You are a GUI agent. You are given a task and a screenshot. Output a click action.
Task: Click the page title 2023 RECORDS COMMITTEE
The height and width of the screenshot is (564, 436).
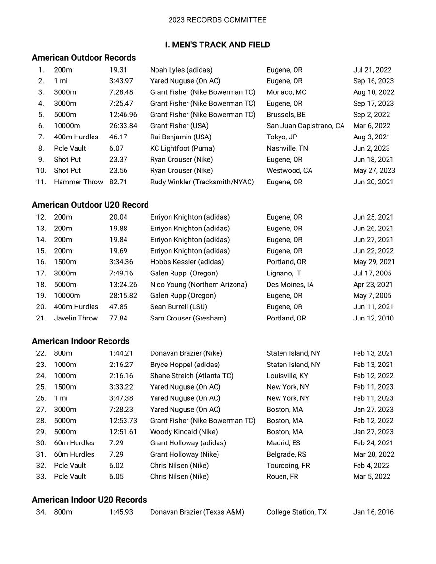point(218,20)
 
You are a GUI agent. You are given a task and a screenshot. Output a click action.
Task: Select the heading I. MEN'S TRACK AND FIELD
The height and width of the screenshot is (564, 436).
point(218,45)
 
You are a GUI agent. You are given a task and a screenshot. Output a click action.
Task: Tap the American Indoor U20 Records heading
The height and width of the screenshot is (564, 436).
point(90,499)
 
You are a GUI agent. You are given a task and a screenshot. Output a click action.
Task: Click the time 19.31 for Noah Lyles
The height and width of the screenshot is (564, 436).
point(118,70)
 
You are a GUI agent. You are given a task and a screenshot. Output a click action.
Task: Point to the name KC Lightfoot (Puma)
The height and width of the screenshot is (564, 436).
point(182,149)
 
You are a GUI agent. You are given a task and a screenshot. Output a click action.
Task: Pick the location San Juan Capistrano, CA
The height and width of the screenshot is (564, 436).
point(306,126)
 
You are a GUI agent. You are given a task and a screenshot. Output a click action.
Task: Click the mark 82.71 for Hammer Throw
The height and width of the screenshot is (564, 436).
point(118,182)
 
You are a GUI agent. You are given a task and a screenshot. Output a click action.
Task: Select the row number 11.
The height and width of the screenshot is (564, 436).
point(41,182)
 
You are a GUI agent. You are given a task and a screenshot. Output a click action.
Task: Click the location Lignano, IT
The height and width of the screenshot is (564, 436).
point(284,273)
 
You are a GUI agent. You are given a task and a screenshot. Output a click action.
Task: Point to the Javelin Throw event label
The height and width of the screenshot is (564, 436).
point(76,318)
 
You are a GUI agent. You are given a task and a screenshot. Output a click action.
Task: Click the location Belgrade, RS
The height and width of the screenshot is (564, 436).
point(286,454)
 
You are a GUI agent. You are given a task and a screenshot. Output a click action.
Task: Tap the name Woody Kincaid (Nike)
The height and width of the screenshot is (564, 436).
point(184,432)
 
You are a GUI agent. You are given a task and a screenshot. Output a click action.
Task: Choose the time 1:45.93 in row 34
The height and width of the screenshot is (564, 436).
point(121,512)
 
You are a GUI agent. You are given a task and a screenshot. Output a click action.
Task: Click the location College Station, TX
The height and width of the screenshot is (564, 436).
point(296,512)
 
